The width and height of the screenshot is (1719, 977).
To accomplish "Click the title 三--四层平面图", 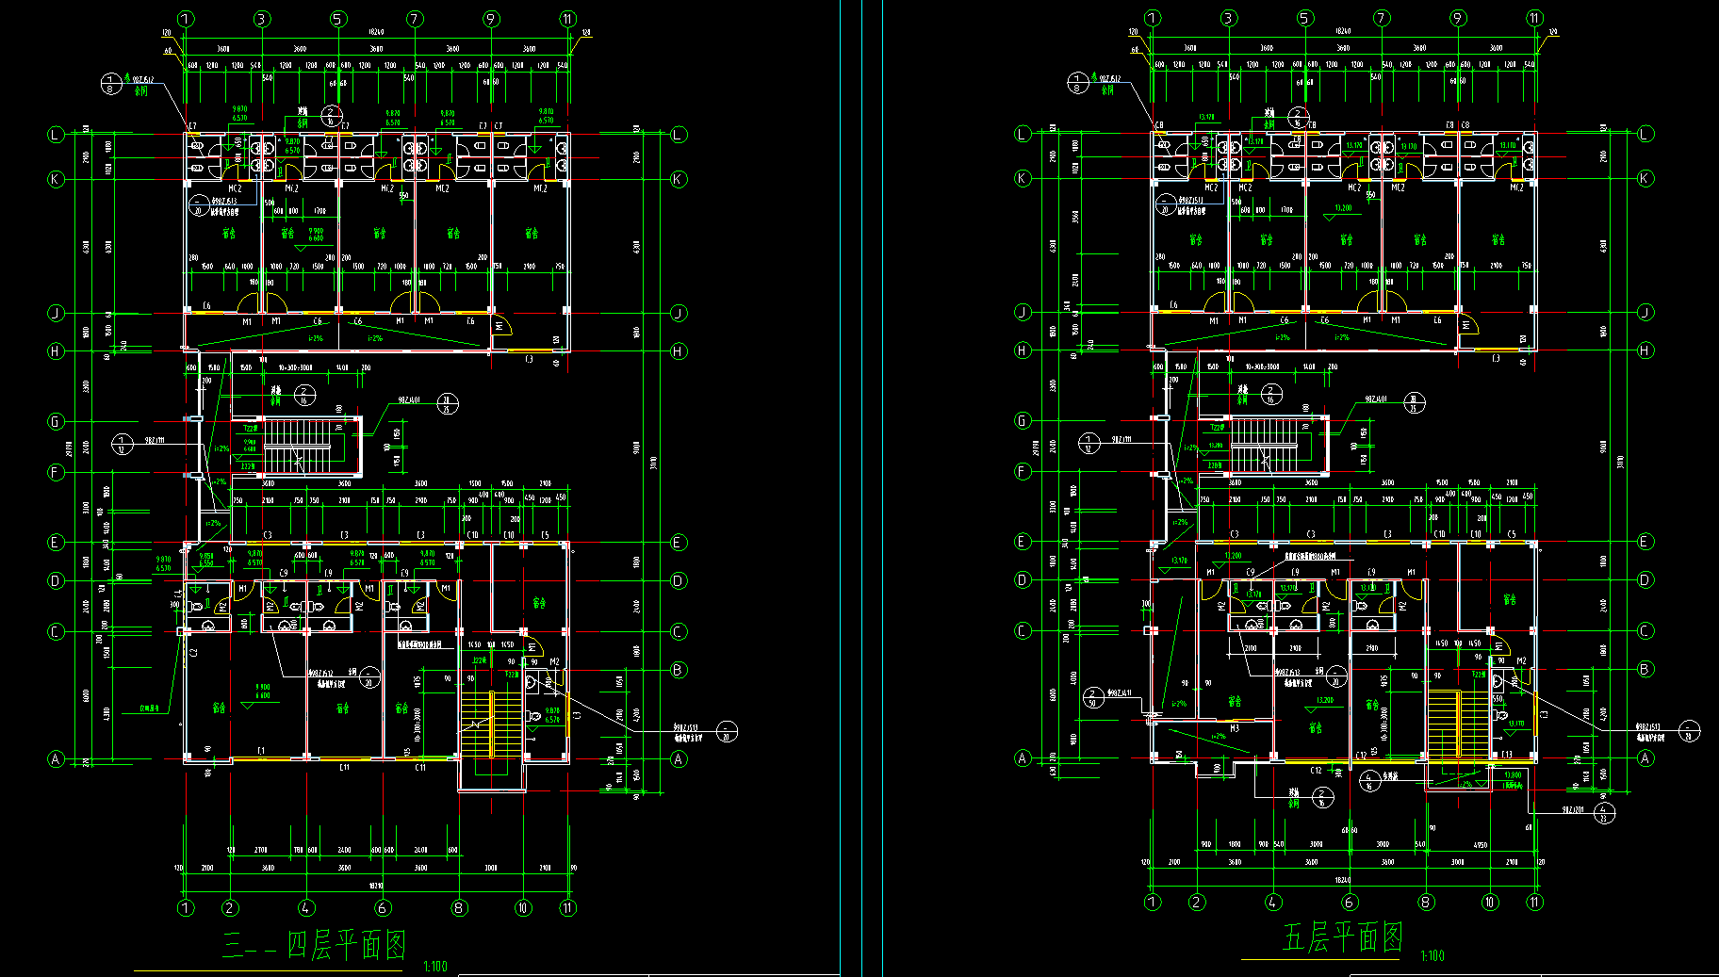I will (x=314, y=944).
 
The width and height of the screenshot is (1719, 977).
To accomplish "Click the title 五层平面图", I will (x=1342, y=937).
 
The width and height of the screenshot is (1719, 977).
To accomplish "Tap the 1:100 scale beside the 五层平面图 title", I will (x=1432, y=955).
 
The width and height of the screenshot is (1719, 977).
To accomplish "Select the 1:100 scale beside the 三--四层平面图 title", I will (x=435, y=966).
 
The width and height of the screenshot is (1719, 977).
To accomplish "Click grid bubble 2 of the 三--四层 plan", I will (x=230, y=908).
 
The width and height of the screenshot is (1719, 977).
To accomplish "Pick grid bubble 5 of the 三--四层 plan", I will (x=338, y=19).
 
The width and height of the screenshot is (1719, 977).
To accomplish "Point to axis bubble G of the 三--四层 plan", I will (x=56, y=421).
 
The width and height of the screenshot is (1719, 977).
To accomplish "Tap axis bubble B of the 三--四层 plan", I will (x=679, y=670).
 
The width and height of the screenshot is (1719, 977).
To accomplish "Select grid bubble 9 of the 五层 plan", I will (x=1458, y=18).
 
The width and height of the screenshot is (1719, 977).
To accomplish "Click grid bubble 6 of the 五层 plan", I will (x=1350, y=903).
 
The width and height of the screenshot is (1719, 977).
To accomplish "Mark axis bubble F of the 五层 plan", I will (x=1023, y=471).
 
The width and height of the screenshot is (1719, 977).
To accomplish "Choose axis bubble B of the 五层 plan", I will (x=1645, y=669).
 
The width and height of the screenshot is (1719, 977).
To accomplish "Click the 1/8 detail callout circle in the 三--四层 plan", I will (x=111, y=84).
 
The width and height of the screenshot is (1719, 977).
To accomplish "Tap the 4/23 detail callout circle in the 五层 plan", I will (x=1605, y=811).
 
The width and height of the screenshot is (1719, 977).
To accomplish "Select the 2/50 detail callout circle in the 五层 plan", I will (x=1093, y=697).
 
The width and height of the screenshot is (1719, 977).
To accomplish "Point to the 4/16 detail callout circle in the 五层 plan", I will (x=1368, y=780).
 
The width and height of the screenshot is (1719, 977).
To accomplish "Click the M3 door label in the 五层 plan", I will (x=1235, y=728).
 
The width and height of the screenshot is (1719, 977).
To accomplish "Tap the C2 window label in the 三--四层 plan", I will (x=194, y=652).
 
